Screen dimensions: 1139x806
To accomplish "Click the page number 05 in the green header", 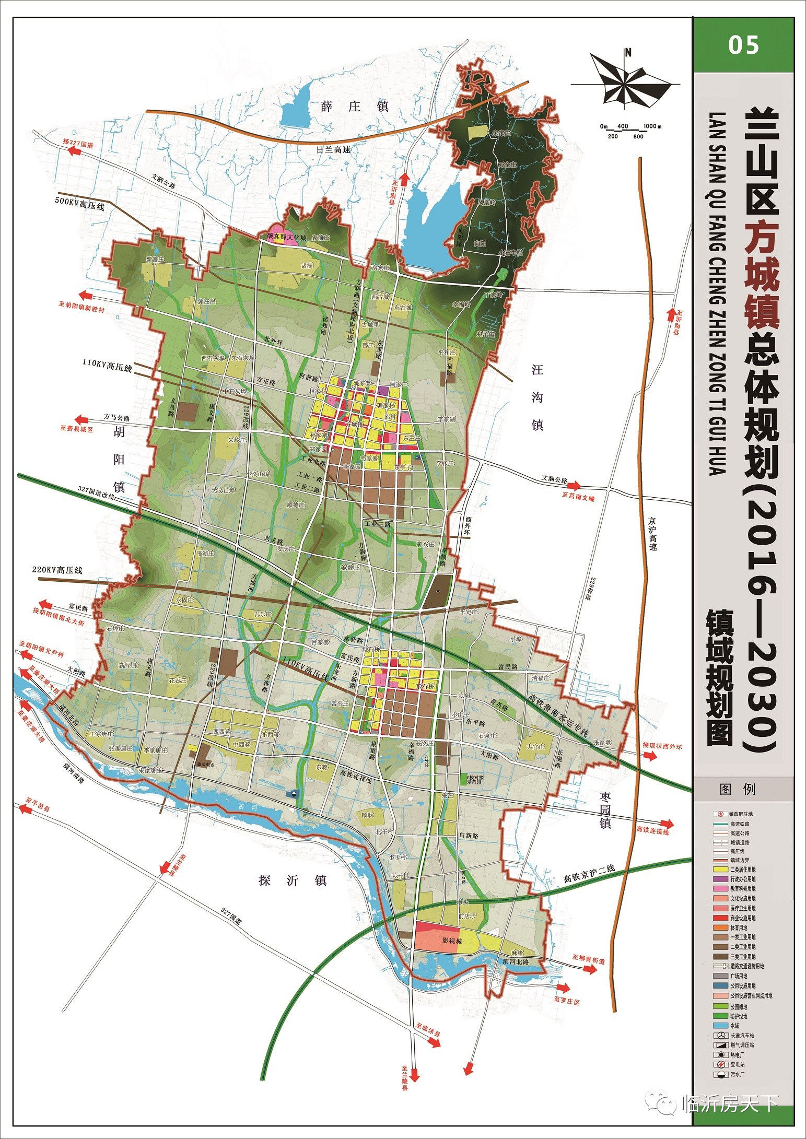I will (743, 45).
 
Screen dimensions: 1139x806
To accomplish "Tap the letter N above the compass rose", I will (628, 52).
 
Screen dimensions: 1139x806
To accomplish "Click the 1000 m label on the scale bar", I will (652, 126).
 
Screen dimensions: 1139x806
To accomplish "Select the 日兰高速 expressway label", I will (333, 149).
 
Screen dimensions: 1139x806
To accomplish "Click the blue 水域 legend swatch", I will (719, 1026).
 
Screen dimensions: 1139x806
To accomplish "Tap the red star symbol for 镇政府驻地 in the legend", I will (719, 814).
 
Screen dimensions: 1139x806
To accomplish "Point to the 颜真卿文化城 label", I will (286, 237).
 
